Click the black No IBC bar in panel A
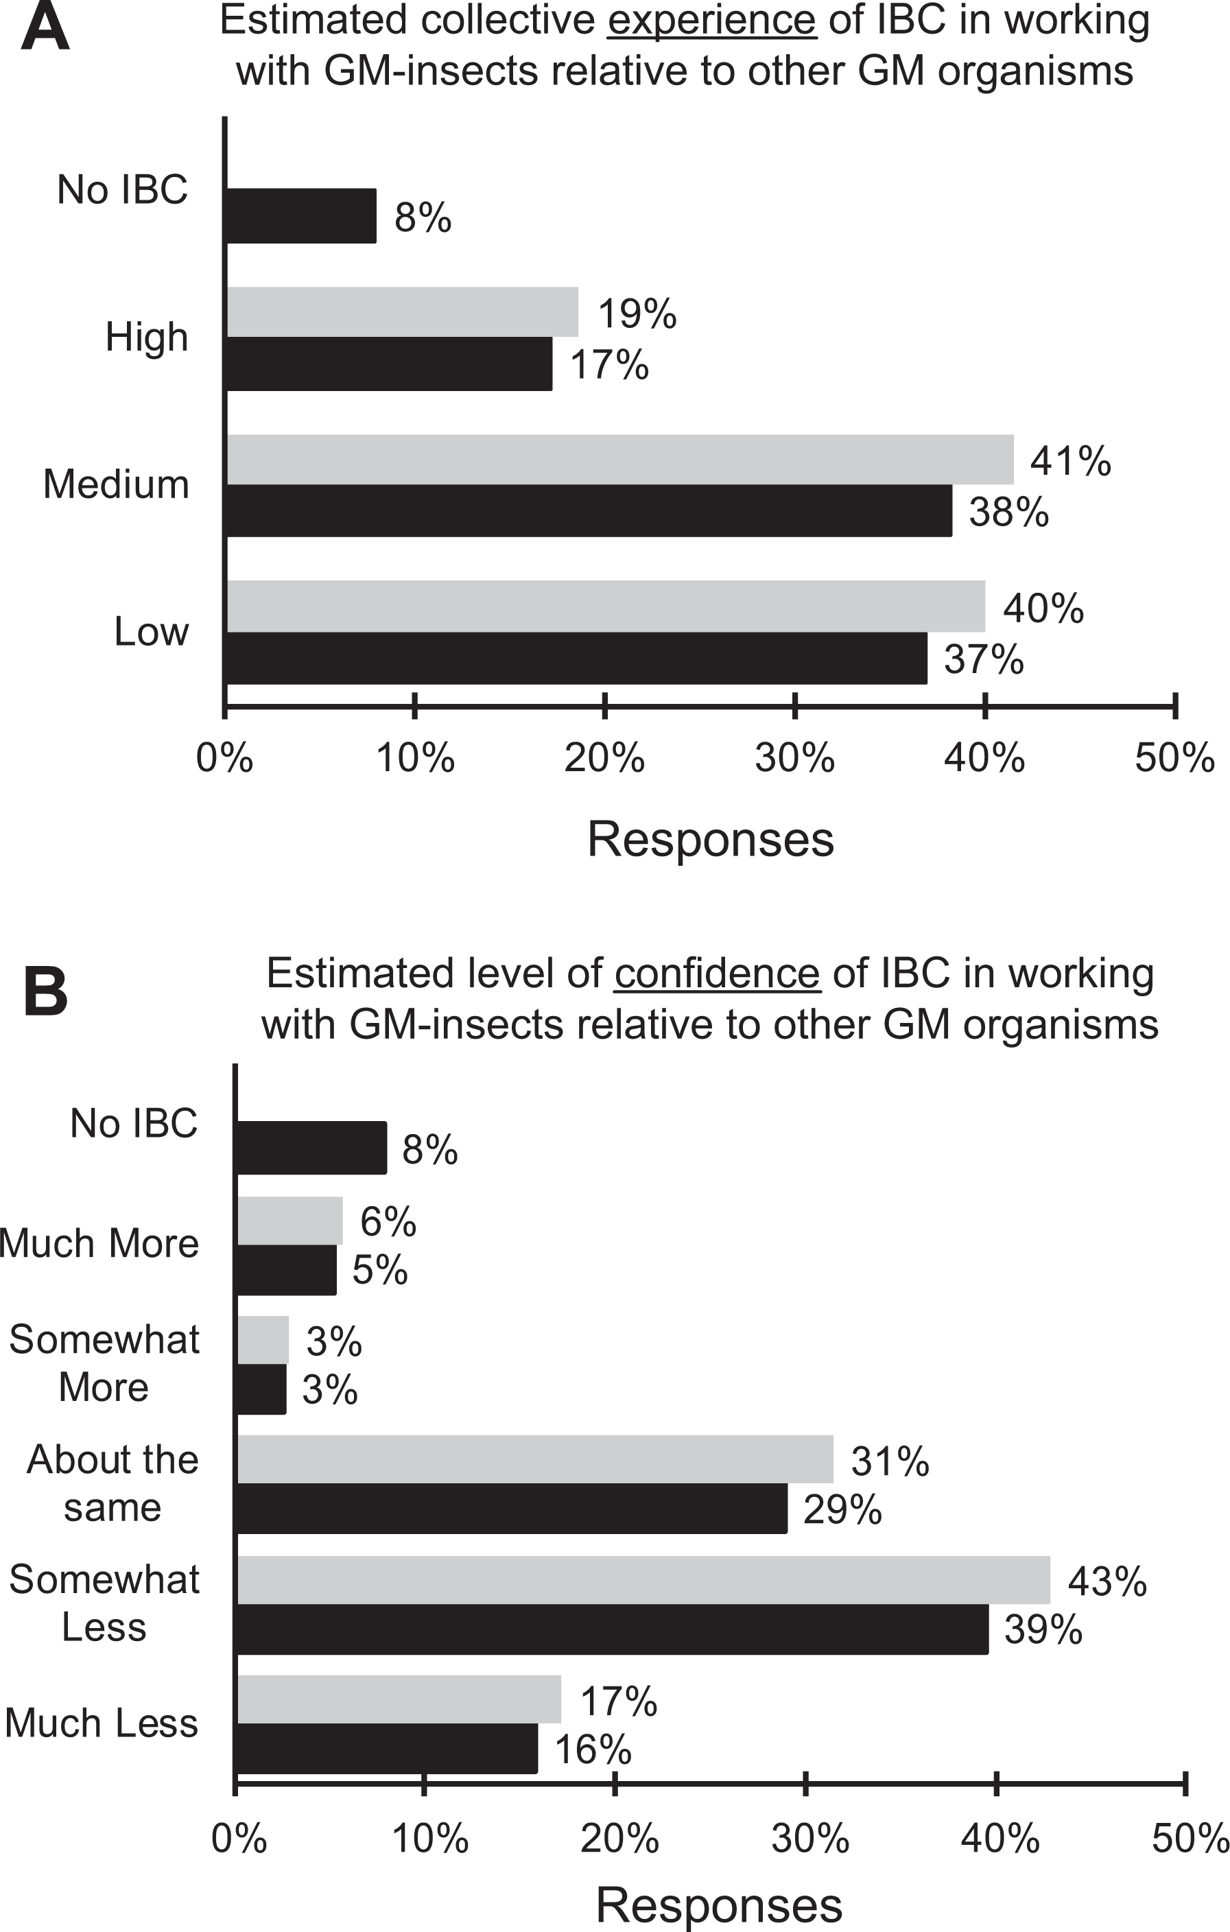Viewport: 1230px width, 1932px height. (301, 216)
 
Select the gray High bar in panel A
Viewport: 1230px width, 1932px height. (402, 312)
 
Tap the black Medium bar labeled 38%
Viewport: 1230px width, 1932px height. (589, 510)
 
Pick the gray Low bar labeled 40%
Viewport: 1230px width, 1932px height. (606, 606)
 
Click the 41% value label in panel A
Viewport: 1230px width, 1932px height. (1070, 461)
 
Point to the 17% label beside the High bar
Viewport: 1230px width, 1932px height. (609, 365)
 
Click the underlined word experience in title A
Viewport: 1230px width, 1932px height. (711, 19)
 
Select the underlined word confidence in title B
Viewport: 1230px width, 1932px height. (716, 974)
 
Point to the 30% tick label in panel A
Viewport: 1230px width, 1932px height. (794, 757)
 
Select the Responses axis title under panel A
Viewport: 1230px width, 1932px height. (711, 839)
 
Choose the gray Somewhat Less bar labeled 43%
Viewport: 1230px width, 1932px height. (643, 1580)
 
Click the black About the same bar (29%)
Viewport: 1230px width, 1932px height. (512, 1509)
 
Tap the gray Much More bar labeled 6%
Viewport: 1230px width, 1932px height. (289, 1221)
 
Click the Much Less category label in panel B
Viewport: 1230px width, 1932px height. (102, 1723)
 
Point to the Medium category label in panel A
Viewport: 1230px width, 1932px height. (117, 484)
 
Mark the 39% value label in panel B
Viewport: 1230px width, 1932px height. (1043, 1629)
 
